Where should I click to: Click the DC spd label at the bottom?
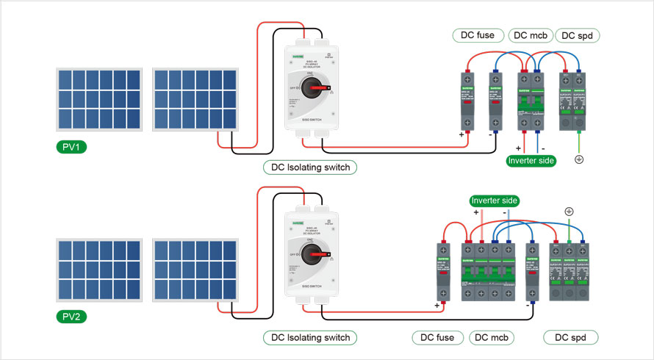[x=571, y=338]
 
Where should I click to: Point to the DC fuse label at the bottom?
[x=438, y=338]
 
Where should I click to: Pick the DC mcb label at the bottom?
[x=491, y=338]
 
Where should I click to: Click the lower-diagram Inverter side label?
[x=494, y=201]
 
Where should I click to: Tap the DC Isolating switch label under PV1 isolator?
[x=311, y=168]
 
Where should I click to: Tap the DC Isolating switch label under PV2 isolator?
[x=311, y=338]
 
